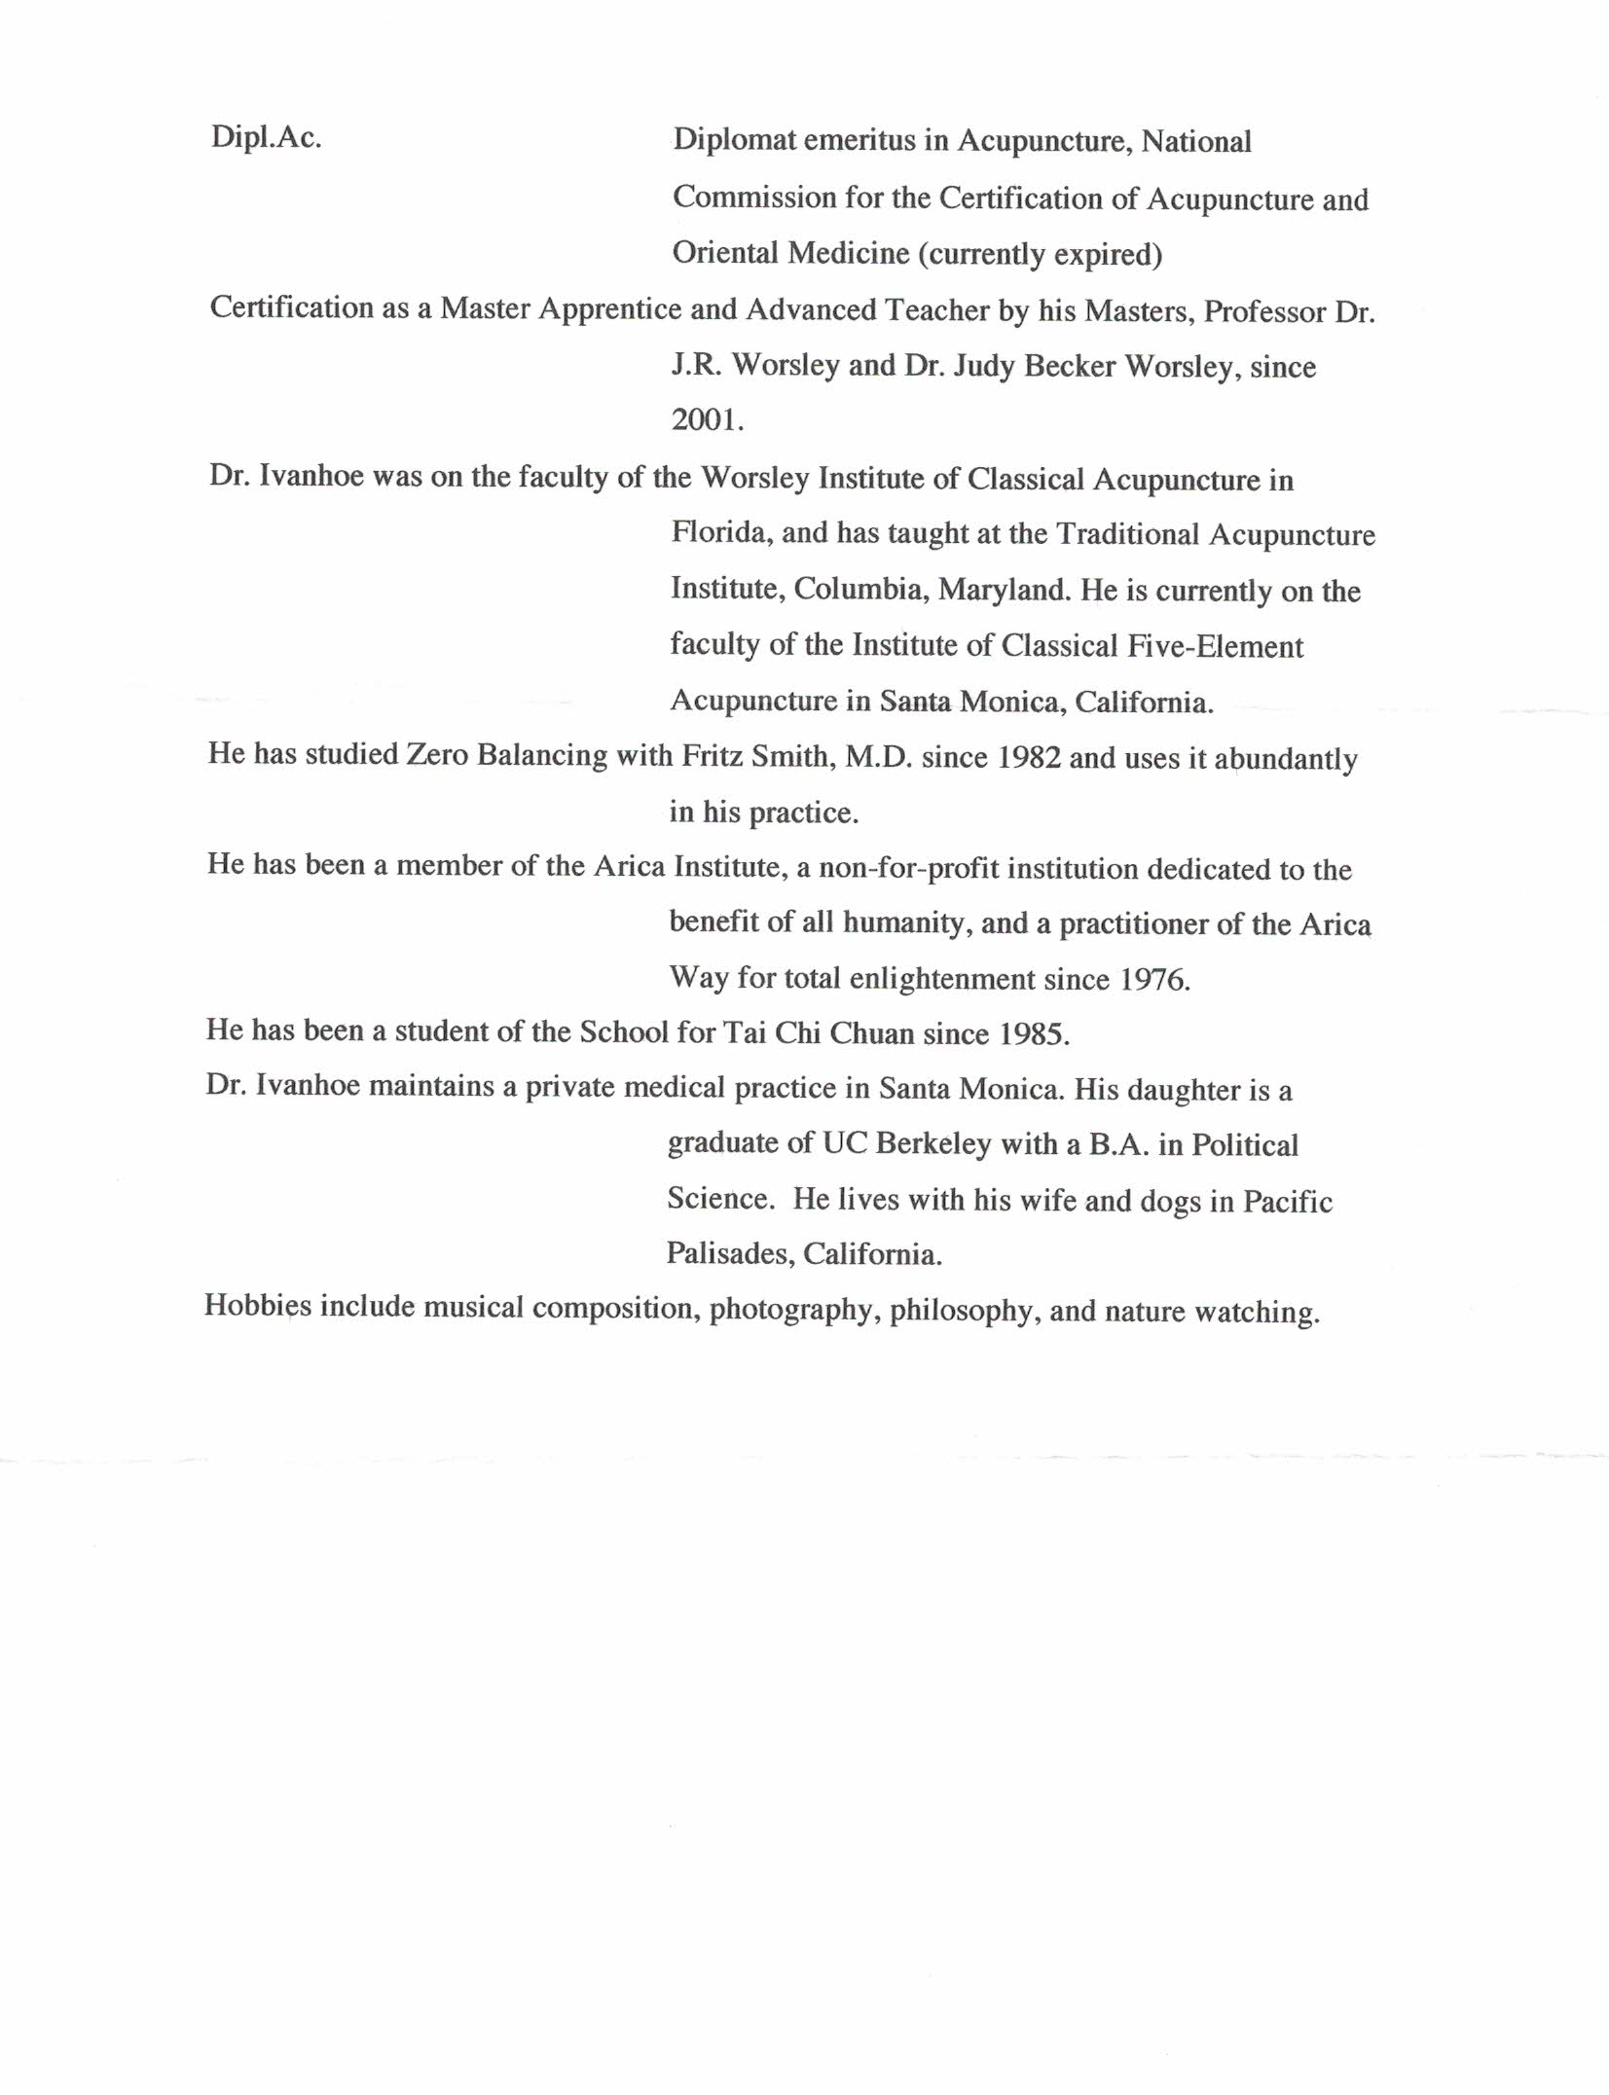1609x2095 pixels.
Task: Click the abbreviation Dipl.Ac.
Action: pyautogui.click(x=266, y=138)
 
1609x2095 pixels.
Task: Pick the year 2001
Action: pyautogui.click(x=707, y=419)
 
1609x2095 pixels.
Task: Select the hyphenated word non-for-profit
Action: pyautogui.click(x=908, y=868)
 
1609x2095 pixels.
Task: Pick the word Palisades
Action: pyautogui.click(x=730, y=1253)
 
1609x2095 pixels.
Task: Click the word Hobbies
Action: pyautogui.click(x=258, y=1306)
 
